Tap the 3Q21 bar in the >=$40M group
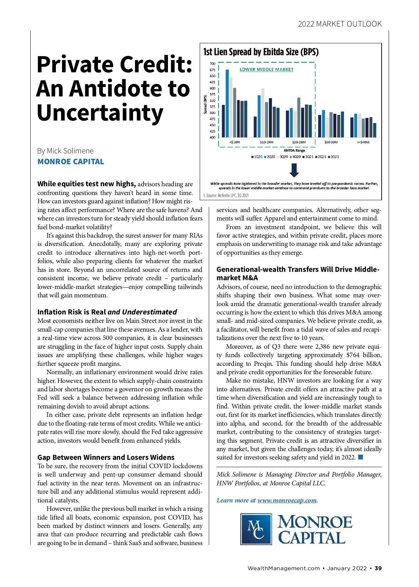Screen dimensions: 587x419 point(374,130)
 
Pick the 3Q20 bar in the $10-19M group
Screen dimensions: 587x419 point(263,113)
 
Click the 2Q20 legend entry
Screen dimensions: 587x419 point(270,157)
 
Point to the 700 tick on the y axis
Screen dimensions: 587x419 point(212,64)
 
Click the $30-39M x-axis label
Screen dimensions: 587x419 point(331,142)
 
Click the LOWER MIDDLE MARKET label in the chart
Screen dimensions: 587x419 point(266,70)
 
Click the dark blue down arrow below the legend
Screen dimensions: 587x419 point(294,170)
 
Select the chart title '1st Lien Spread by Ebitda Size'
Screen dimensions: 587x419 point(261,52)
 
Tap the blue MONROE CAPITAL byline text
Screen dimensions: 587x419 point(71,162)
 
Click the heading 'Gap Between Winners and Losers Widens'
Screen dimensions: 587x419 point(106,457)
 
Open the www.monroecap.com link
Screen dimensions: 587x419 point(287,500)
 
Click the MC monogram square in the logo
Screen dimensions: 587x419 point(256,529)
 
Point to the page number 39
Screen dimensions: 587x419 point(378,568)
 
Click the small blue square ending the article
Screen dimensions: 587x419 point(361,457)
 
